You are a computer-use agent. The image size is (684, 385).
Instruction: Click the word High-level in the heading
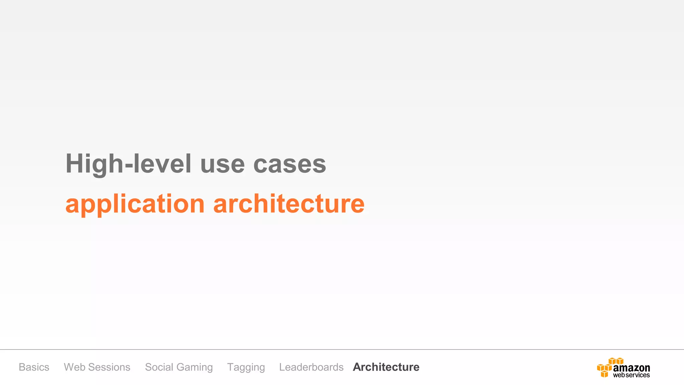point(129,164)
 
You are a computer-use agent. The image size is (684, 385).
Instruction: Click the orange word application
point(135,204)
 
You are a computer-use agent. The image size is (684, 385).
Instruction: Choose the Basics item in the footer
point(34,367)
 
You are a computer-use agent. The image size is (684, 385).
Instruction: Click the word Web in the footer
point(74,367)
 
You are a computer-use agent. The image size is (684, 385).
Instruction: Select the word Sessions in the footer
point(109,367)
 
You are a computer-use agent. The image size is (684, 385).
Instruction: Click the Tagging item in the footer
point(246,367)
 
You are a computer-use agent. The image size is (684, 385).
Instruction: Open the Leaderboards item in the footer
point(311,367)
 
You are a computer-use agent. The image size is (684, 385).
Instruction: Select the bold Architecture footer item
point(386,367)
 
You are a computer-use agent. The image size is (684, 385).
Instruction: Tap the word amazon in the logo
point(632,368)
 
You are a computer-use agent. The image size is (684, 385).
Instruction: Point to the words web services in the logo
point(631,375)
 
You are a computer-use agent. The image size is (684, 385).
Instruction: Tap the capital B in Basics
point(22,367)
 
